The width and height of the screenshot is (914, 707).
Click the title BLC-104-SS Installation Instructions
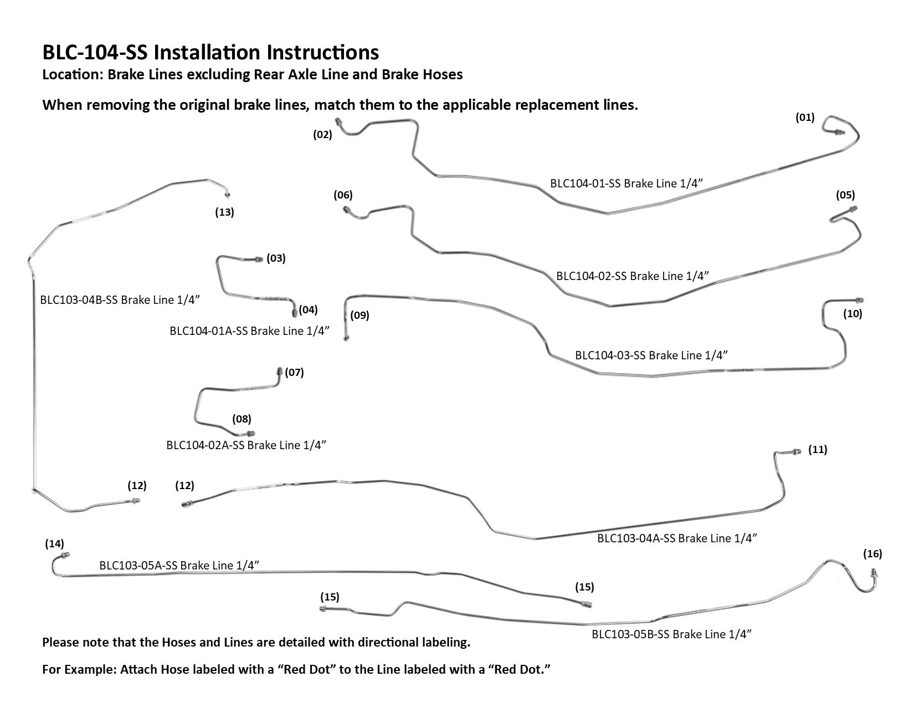coord(210,52)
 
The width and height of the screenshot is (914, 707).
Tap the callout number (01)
coord(805,117)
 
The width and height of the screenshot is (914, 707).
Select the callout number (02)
coord(322,134)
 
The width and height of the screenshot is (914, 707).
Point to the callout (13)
coord(224,212)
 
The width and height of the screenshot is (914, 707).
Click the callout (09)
coord(360,316)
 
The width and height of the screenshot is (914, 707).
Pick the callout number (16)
coord(872,553)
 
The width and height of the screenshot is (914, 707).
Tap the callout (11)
coord(818,449)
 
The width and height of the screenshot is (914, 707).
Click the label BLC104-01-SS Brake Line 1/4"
coord(629,184)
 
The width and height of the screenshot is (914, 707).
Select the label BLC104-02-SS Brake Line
coord(633,276)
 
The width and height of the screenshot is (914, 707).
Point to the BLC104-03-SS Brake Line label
coord(651,355)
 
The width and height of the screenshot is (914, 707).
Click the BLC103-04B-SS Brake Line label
coord(120,300)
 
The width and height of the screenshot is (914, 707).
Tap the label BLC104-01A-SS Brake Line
coord(249,331)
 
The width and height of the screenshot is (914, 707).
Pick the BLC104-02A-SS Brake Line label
coord(246,445)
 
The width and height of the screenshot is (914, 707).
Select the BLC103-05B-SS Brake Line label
coord(671,634)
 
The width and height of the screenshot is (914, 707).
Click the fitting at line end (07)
coord(279,370)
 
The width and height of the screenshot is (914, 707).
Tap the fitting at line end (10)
coord(859,299)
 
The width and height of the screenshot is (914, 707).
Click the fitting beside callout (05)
coord(853,208)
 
